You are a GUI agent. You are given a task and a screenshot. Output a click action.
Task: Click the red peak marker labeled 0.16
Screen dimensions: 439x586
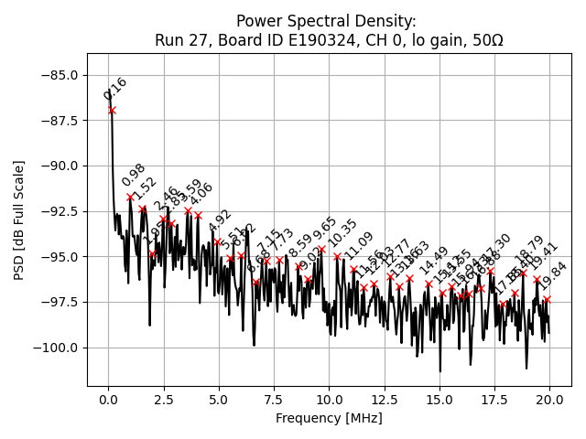click(x=112, y=111)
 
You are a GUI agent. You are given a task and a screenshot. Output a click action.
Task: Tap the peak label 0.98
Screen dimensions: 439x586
click(x=134, y=176)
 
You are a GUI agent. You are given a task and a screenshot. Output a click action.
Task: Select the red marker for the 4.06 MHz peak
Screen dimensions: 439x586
click(x=198, y=216)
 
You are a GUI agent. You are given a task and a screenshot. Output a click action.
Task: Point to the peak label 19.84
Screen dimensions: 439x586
click(x=553, y=275)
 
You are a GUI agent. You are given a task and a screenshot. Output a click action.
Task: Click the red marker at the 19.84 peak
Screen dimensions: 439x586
click(x=547, y=299)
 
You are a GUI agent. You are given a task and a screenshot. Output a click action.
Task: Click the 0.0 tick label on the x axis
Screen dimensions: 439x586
click(x=109, y=401)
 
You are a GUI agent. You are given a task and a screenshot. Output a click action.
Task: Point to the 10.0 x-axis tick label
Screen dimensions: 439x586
click(x=330, y=401)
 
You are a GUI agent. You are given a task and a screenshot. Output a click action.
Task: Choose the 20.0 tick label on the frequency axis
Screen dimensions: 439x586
click(x=549, y=401)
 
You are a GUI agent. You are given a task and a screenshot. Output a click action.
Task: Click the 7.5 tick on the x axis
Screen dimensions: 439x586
click(x=274, y=401)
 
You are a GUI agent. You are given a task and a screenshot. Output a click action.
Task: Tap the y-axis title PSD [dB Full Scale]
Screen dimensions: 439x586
click(x=18, y=219)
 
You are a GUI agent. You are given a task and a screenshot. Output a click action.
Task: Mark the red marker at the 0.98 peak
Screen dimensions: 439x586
click(x=130, y=197)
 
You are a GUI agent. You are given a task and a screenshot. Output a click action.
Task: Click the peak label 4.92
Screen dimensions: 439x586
click(x=220, y=221)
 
